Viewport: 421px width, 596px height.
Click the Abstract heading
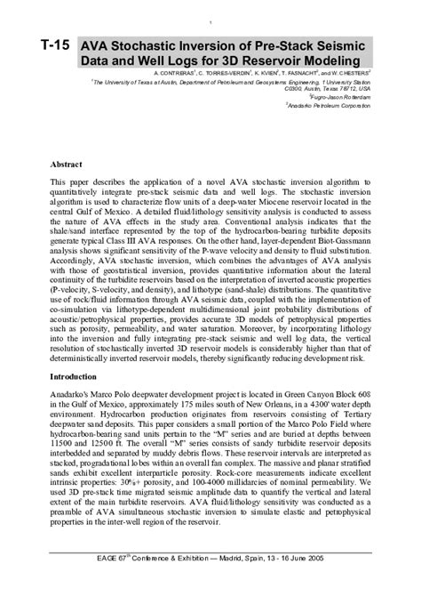[67, 166]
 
